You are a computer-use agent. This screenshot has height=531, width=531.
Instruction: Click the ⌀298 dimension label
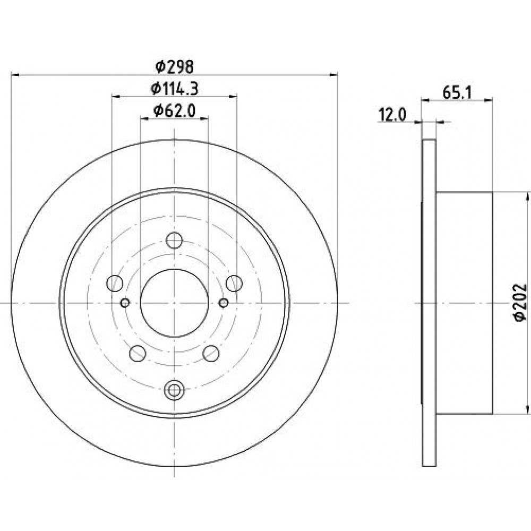pos(174,66)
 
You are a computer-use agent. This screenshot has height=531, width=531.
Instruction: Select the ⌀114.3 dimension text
pos(174,89)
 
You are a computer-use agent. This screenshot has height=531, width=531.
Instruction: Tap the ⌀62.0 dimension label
pos(174,111)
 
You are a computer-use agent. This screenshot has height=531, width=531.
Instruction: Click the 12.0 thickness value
pos(392,115)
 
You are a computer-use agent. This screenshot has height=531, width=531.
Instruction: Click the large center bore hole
pos(174,303)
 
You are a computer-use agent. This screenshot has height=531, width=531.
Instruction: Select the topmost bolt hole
pos(174,240)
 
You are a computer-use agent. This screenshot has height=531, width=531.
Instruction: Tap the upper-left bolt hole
pos(115,284)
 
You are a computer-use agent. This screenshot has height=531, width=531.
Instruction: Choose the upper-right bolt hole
pos(234,284)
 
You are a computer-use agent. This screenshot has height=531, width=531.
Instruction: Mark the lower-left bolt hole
pos(138,353)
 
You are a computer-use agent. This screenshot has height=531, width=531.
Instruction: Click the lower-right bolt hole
pos(211,353)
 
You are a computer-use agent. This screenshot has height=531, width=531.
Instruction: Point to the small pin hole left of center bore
pos(125,303)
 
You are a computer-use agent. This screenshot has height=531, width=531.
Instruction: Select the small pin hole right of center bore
pos(224,303)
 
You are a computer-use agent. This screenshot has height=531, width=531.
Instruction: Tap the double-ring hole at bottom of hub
pos(174,390)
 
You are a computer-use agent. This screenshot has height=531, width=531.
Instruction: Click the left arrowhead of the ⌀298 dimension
pos(15,74)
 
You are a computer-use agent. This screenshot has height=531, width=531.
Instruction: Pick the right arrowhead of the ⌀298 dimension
pos(333,74)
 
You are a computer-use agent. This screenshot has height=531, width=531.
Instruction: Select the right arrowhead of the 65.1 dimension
pos(488,100)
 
